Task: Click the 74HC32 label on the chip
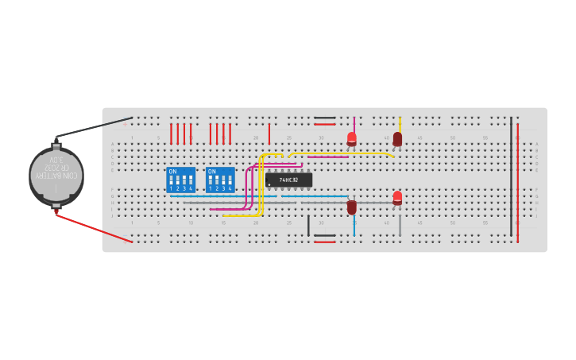[289, 180]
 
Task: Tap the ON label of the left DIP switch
[172, 171]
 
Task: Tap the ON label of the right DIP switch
[211, 171]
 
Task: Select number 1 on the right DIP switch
[211, 188]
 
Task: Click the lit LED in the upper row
[352, 139]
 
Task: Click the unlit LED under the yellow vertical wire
[397, 139]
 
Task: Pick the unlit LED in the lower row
[352, 207]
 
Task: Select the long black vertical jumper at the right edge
[511, 176]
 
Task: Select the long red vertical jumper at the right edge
[518, 183]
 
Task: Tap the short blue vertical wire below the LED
[354, 225]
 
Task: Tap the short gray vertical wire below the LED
[400, 225]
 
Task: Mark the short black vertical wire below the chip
[308, 225]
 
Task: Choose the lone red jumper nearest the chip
[269, 134]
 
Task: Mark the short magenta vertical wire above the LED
[354, 125]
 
